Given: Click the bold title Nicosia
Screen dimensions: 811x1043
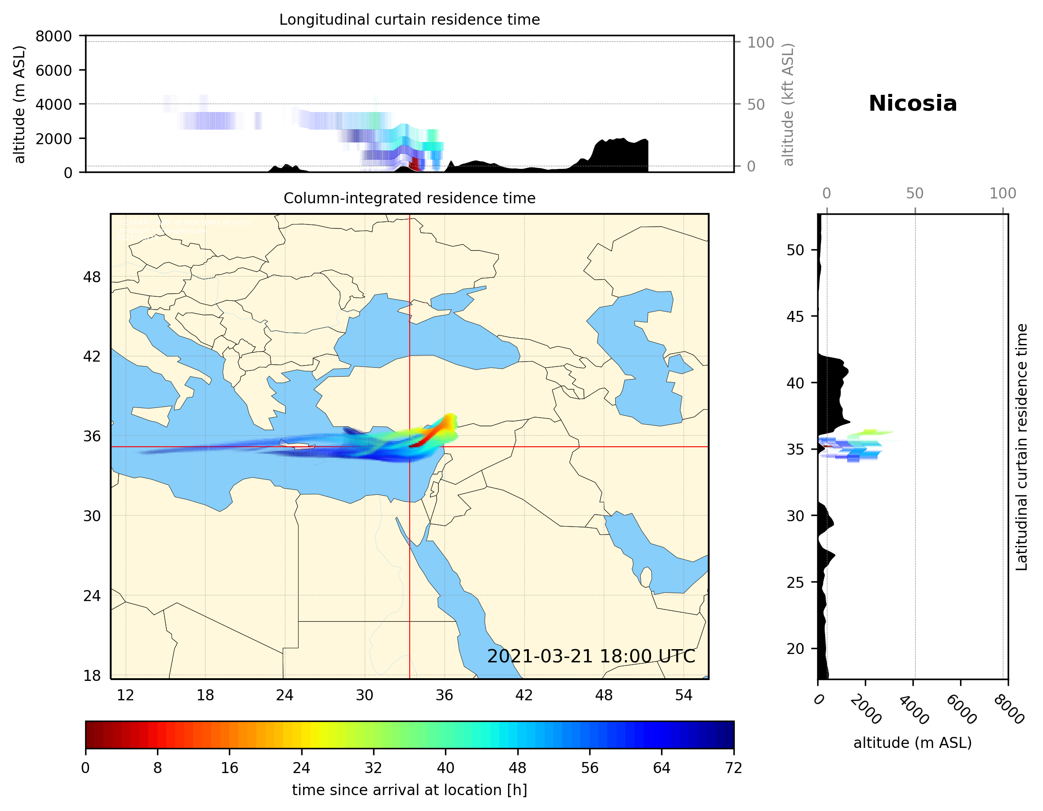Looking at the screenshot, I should tap(912, 104).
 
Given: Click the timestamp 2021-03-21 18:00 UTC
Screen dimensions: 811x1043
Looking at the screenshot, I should tap(591, 656).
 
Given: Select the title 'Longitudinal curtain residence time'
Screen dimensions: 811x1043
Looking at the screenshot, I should tap(409, 19).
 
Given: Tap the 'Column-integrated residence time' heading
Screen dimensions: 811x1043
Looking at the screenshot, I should tap(409, 198).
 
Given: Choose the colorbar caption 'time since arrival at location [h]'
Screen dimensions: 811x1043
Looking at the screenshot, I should tap(409, 790).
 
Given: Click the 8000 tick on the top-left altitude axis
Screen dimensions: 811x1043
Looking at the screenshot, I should tap(53, 36).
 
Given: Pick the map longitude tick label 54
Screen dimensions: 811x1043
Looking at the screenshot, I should tap(684, 695).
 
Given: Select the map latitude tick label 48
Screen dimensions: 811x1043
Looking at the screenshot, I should tap(92, 277).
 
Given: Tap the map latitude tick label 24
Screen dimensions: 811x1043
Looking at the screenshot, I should tap(92, 596).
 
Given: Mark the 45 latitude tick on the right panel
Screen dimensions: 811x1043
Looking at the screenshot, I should tap(795, 316).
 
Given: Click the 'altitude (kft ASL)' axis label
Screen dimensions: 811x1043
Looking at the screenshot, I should tap(788, 105).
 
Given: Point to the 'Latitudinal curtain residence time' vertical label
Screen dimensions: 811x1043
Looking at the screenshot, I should tap(1021, 447).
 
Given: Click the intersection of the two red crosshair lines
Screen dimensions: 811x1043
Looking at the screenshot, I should tap(409, 447).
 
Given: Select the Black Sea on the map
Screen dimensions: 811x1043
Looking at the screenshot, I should tap(430, 334).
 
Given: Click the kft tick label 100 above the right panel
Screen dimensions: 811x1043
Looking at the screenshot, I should tap(1002, 194).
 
